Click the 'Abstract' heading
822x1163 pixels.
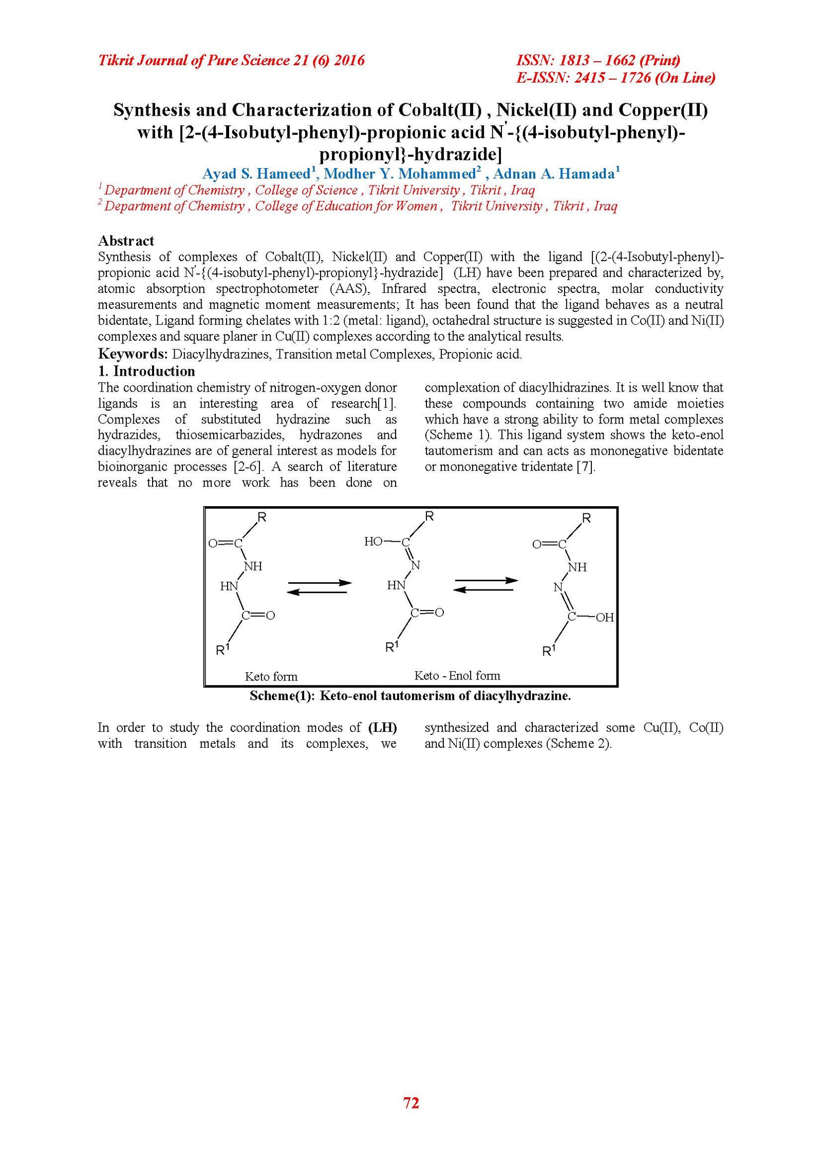(x=126, y=241)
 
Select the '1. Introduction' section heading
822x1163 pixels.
(x=146, y=371)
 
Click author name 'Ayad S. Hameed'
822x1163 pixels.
(x=256, y=174)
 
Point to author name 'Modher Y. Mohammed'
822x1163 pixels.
(x=400, y=174)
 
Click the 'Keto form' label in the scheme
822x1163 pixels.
(x=271, y=676)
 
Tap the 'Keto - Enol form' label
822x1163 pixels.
(x=457, y=675)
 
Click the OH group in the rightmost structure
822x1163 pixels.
(x=605, y=617)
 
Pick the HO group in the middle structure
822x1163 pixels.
(x=373, y=541)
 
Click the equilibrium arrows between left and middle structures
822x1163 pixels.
(x=319, y=587)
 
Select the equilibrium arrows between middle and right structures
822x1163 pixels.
(x=486, y=585)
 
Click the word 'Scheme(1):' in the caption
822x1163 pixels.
(x=282, y=696)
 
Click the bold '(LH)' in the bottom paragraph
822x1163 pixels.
(x=383, y=727)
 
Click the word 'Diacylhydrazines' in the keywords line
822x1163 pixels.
(x=221, y=354)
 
